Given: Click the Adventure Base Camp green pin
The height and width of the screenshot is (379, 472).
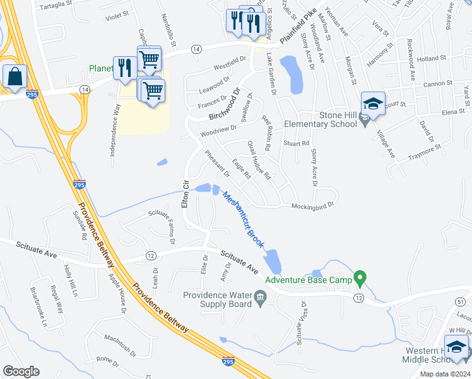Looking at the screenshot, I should pos(360,277).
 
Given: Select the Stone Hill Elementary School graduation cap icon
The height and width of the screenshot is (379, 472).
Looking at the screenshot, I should pos(373,104).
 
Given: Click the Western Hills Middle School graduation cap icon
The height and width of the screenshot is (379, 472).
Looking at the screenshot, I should pos(457,347).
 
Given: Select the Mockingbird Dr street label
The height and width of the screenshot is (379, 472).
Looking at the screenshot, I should pos(312,205).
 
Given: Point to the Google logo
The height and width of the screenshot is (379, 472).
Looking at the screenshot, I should pos(21,371).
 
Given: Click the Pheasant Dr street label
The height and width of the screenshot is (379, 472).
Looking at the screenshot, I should pos(216,163).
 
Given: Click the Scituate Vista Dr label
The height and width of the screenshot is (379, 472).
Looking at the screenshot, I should pos(300,323).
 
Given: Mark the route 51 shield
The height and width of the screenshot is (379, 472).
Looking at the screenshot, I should pos(459,304).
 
